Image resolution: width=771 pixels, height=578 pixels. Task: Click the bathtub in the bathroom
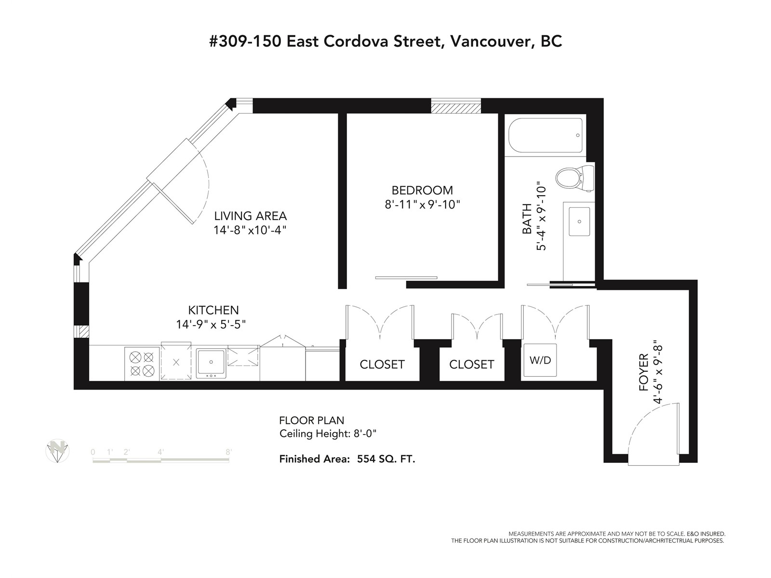click(x=545, y=135)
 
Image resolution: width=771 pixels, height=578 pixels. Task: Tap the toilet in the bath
click(x=574, y=178)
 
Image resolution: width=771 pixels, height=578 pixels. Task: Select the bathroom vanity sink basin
click(x=579, y=221)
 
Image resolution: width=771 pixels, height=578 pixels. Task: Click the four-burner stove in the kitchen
click(x=142, y=364)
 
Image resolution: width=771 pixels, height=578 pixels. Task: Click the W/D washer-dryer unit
click(x=540, y=360)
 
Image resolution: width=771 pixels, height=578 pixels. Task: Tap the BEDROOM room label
click(x=422, y=190)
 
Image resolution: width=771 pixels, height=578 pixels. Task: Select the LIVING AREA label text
click(x=251, y=215)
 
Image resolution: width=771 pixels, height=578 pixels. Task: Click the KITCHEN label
click(x=213, y=310)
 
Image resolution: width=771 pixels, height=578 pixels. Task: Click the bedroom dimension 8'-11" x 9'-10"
click(x=422, y=204)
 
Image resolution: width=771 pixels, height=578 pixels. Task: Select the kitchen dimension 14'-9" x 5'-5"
click(x=211, y=324)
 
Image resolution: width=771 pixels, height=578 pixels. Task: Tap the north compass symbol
click(x=58, y=451)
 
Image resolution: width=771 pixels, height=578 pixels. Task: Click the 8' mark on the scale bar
click(x=229, y=452)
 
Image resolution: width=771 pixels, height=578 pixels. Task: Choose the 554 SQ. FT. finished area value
click(x=386, y=459)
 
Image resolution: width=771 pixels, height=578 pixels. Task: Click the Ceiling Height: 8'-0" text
click(x=328, y=434)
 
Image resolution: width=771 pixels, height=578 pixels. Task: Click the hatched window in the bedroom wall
click(x=455, y=106)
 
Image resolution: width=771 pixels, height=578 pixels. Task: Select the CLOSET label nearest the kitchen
click(x=382, y=364)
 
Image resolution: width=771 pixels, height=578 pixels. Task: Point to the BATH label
click(x=527, y=219)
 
